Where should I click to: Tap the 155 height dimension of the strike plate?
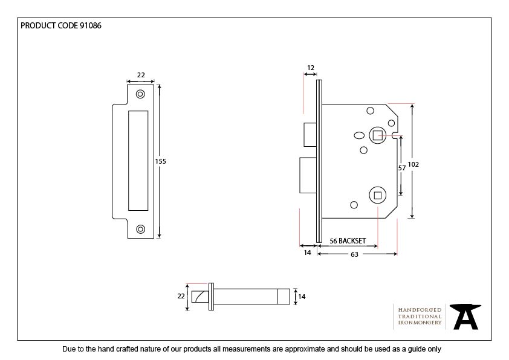pyautogui.click(x=160, y=161)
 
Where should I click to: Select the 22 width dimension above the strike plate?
pyautogui.click(x=141, y=75)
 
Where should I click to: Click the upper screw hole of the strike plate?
pyautogui.click(x=141, y=94)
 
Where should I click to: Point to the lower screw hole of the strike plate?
pyautogui.click(x=141, y=229)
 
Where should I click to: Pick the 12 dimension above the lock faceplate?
pyautogui.click(x=311, y=68)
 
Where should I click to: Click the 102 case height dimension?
pyautogui.click(x=413, y=164)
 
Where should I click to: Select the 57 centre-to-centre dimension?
pyautogui.click(x=401, y=169)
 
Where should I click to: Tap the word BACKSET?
pyautogui.click(x=352, y=241)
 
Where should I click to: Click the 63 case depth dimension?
pyautogui.click(x=354, y=254)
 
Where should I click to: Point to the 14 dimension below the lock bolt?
pyautogui.click(x=307, y=252)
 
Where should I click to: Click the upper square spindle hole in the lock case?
pyautogui.click(x=377, y=135)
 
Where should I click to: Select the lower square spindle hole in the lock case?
pyautogui.click(x=377, y=194)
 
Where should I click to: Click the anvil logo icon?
pyautogui.click(x=466, y=317)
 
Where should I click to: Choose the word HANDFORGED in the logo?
pyautogui.click(x=420, y=309)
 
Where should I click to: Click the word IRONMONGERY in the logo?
pyautogui.click(x=420, y=323)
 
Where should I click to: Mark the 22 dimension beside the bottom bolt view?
pyautogui.click(x=180, y=296)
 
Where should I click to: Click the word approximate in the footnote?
pyautogui.click(x=300, y=349)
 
